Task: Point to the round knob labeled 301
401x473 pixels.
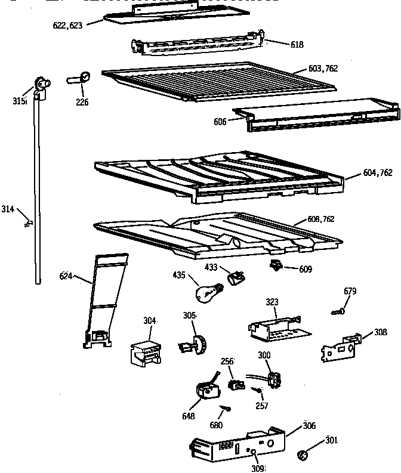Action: point(303,456)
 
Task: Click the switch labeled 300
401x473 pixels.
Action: point(275,379)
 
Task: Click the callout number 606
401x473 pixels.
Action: point(220,122)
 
